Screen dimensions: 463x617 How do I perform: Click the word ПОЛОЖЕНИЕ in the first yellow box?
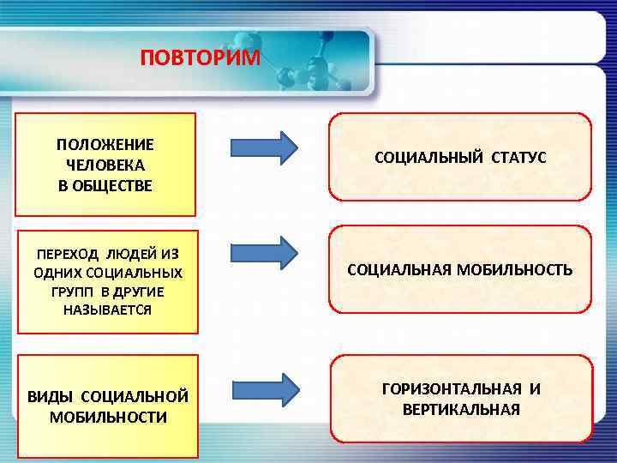pos(105,144)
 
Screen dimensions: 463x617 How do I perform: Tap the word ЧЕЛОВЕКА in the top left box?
pos(105,165)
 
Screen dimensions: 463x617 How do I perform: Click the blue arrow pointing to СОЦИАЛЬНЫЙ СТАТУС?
pos(264,147)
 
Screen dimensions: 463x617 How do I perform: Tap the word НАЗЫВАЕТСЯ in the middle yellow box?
pos(107,310)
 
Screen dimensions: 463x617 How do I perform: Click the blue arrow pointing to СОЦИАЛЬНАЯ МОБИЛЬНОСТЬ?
pos(264,253)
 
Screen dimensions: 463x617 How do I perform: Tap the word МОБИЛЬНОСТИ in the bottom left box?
pos(108,417)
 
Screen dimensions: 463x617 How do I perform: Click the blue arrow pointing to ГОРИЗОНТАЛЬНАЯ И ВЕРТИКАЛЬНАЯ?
pos(264,390)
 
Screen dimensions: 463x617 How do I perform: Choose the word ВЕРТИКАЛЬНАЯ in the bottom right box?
pos(461,409)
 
